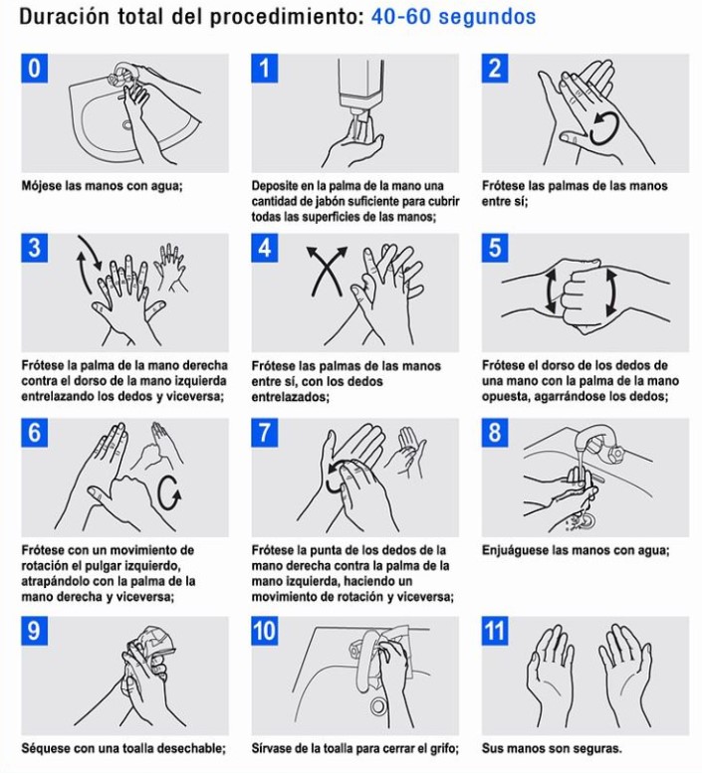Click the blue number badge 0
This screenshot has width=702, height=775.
coord(34,68)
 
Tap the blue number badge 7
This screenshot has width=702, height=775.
coord(264,433)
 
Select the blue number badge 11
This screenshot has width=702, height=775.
coord(495,631)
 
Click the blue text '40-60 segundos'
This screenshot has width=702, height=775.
coord(453,17)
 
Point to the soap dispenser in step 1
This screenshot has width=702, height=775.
coord(361,89)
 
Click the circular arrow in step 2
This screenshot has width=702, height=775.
coord(604,128)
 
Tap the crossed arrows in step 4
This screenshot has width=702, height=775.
coord(327,271)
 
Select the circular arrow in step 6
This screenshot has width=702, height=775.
coord(169,492)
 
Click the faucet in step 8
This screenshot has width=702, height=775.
coord(599,444)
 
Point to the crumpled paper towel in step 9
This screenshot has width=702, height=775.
coord(151,646)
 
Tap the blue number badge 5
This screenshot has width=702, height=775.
coord(495,248)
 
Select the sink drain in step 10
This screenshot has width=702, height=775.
coord(379,705)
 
